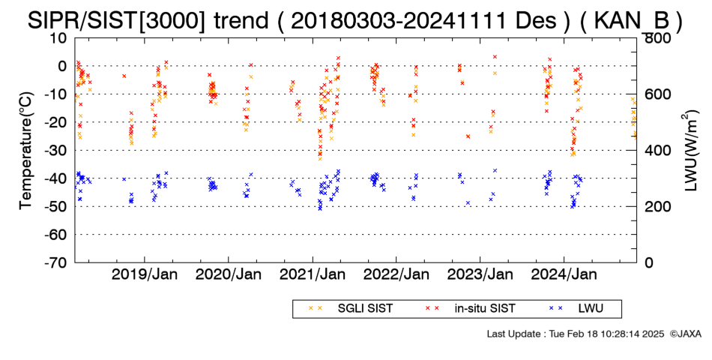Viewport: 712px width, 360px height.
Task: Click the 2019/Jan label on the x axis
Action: click(145, 274)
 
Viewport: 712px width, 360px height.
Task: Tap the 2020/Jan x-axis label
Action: click(229, 274)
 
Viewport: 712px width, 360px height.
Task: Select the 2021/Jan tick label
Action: click(313, 274)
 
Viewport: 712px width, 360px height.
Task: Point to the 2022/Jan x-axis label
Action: click(396, 274)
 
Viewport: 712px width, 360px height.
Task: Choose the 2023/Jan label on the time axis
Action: click(480, 274)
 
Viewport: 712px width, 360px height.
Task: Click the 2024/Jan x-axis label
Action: click(564, 274)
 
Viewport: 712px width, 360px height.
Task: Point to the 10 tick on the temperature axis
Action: click(58, 38)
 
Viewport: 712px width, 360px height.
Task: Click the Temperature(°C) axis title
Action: click(26, 151)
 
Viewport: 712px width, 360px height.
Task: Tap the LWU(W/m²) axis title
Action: click(690, 151)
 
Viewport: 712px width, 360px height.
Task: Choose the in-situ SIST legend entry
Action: click(470, 309)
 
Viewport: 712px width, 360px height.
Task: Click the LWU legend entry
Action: click(576, 309)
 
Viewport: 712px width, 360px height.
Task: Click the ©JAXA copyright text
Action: click(685, 334)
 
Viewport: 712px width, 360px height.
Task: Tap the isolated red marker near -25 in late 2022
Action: click(468, 136)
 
